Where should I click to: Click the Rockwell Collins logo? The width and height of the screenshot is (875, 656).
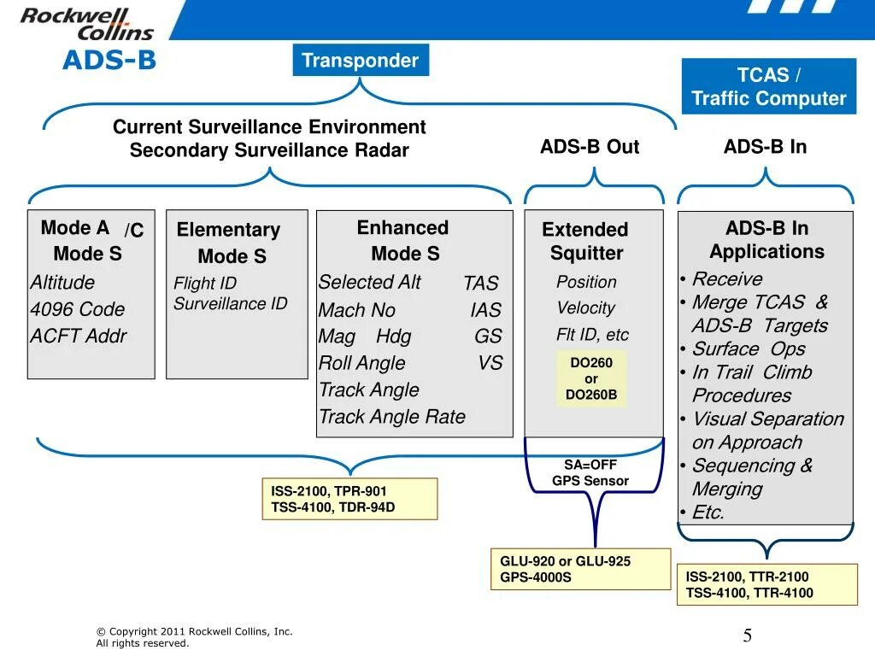(87, 24)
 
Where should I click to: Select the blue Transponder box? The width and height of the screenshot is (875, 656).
(360, 61)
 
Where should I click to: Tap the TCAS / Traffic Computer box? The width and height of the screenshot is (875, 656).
(768, 87)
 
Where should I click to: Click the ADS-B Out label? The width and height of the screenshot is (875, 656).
(589, 147)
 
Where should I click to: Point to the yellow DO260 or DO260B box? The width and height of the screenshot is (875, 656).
(590, 378)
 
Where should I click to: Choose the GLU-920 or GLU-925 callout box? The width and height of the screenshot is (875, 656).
(579, 569)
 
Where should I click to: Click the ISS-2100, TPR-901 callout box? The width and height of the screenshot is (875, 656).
(349, 499)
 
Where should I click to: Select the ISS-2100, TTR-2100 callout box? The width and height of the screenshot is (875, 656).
(766, 585)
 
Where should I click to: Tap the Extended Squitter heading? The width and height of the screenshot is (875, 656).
(585, 241)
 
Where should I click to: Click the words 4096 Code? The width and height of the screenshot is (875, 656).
(78, 309)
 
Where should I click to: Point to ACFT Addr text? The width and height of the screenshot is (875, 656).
(78, 337)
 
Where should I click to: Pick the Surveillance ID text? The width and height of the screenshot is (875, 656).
(231, 303)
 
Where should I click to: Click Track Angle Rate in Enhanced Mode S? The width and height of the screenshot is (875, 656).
(392, 417)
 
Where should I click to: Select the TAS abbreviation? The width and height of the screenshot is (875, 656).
(481, 284)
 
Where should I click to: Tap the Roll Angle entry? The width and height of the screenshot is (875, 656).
(362, 363)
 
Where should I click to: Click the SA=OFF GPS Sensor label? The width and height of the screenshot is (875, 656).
(590, 472)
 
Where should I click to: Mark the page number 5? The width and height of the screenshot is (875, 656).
(747, 635)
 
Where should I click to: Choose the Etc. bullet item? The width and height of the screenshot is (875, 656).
(708, 512)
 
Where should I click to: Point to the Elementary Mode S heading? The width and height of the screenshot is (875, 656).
(230, 243)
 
